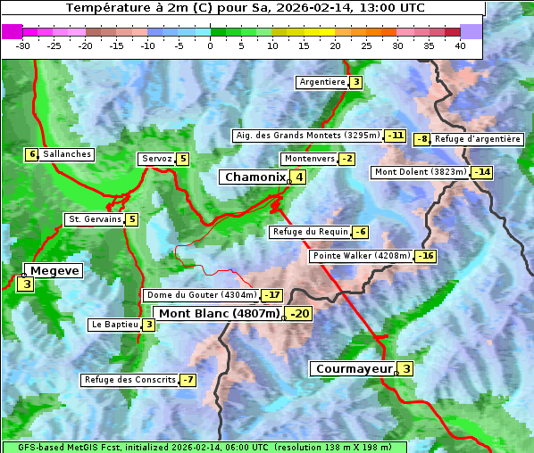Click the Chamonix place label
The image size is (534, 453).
click(x=254, y=177)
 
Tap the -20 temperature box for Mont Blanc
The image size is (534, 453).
click(x=299, y=314)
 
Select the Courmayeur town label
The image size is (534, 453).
click(x=355, y=369)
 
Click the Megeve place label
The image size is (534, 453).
click(x=55, y=270)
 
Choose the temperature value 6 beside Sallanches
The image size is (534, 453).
click(x=32, y=154)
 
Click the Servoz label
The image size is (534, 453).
click(x=156, y=159)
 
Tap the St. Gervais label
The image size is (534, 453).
click(x=95, y=219)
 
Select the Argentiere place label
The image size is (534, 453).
click(x=322, y=82)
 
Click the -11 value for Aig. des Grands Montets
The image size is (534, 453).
click(x=396, y=136)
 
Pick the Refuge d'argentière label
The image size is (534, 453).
click(x=478, y=139)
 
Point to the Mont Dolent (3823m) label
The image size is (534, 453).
click(x=421, y=172)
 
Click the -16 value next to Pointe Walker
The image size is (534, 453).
click(x=426, y=256)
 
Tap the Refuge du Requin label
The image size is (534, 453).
click(x=310, y=232)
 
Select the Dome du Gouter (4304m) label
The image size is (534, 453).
click(x=201, y=295)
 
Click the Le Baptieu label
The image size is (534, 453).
click(x=114, y=325)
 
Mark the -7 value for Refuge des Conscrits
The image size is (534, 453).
click(x=188, y=380)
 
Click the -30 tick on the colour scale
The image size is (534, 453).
click(x=23, y=45)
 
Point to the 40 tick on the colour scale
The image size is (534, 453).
click(x=460, y=45)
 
